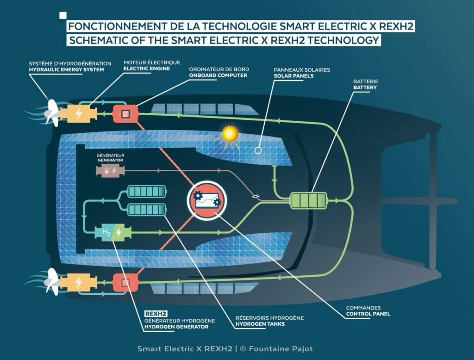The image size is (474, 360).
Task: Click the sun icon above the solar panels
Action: (230, 134)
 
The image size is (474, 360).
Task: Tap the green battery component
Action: (309, 200)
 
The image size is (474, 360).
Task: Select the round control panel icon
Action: (207, 200)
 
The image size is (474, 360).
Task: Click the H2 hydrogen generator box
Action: (113, 232)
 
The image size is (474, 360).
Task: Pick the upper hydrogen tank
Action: (147, 192)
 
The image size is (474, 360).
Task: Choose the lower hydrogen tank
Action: (147, 210)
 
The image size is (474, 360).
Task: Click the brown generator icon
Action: (110, 171)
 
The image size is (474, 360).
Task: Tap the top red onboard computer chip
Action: (125, 114)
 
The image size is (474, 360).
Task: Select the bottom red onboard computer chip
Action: (125, 283)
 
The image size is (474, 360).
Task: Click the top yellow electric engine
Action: (79, 114)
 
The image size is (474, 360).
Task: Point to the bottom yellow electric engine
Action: (79, 283)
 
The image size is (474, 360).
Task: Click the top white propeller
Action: (52, 113)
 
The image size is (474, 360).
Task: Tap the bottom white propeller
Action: (52, 282)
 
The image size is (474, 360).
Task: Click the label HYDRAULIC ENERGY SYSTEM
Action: (67, 69)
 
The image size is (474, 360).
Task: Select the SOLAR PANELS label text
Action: (293, 76)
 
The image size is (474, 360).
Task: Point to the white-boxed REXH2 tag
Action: (156, 314)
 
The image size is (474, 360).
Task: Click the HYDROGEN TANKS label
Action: (260, 324)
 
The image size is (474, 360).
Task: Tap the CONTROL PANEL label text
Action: (368, 314)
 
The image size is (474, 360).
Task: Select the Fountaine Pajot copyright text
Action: (276, 349)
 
